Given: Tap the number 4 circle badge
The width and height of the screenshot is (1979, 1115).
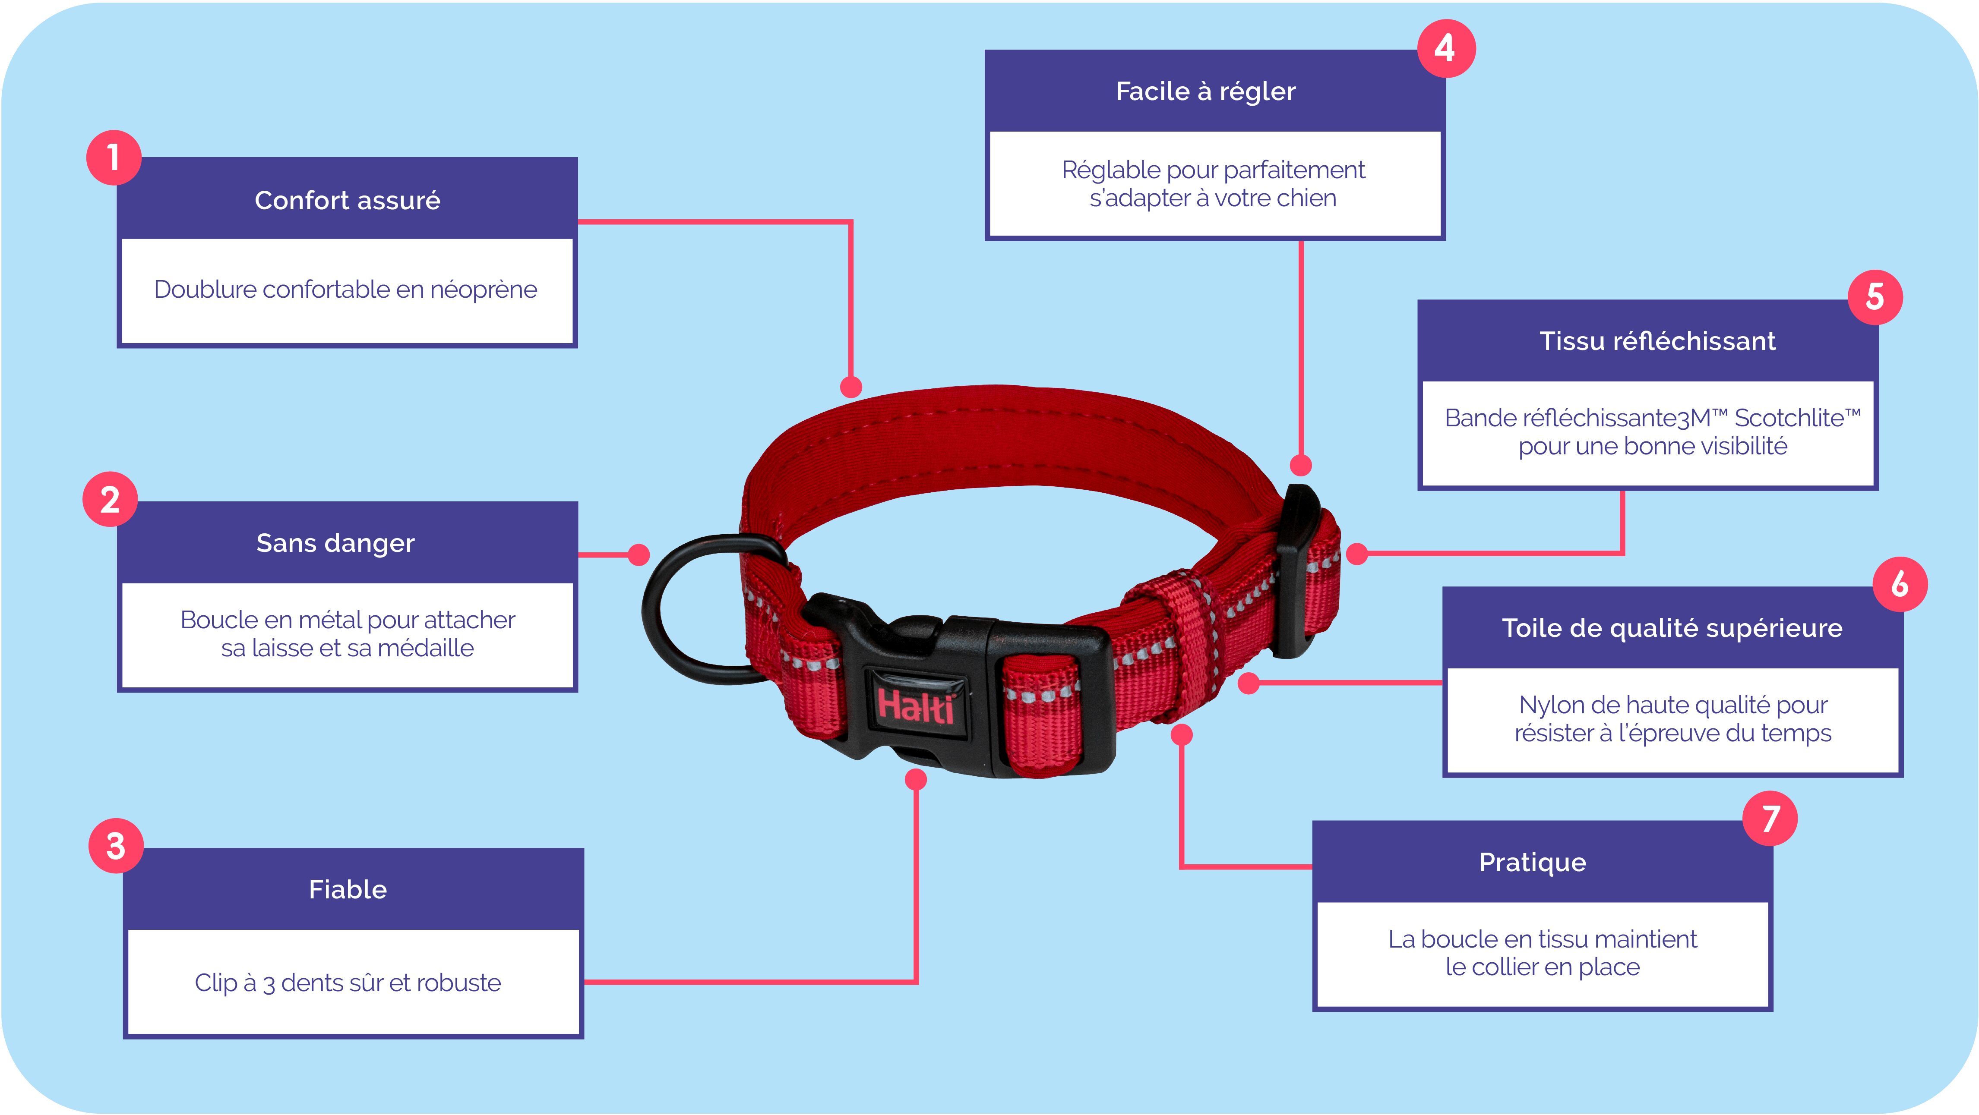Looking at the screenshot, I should (x=1445, y=48).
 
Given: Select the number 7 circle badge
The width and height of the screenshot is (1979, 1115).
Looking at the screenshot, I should (x=1770, y=819).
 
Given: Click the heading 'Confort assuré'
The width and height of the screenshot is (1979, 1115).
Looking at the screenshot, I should (x=347, y=200).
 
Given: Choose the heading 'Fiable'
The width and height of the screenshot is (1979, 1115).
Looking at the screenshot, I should (x=347, y=889).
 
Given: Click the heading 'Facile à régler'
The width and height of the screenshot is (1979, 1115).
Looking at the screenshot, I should (x=1205, y=91).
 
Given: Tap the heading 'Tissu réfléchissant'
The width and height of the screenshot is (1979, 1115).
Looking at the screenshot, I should (x=1657, y=341).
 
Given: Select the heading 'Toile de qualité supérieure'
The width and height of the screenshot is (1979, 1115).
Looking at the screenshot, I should (x=1672, y=628).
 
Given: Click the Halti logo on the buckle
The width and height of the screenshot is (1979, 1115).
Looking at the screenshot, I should (x=916, y=705).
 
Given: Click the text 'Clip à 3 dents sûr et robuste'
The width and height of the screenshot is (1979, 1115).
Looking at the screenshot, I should (x=347, y=983).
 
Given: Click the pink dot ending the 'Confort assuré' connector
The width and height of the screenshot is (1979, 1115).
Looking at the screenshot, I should (x=850, y=386).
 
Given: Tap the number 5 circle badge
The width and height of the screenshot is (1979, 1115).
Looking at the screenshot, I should (x=1875, y=297).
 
